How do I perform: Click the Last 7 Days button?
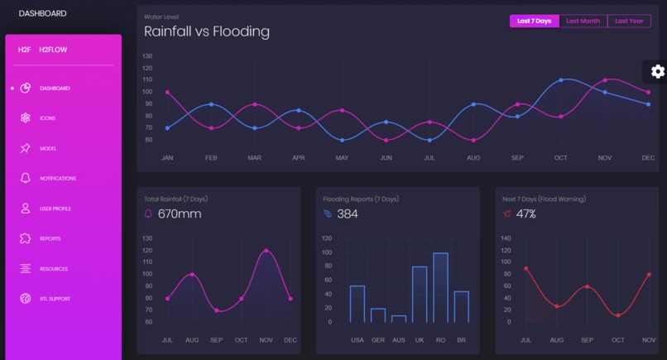tap(534, 21)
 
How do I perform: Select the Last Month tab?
tap(583, 21)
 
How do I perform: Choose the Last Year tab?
tap(629, 21)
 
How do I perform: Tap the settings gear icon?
tap(658, 72)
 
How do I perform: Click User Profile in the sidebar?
tap(56, 209)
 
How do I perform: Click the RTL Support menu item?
tap(55, 299)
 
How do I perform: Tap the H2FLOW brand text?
tap(53, 50)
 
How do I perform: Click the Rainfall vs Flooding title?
tap(207, 32)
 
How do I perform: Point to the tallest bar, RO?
tap(440, 286)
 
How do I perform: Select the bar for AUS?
tap(399, 318)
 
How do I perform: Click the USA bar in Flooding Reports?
tap(357, 303)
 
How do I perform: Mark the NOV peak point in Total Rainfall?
tap(266, 250)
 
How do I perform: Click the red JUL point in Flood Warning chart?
tap(525, 268)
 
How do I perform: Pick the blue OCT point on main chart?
tap(561, 80)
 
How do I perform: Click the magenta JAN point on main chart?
tap(167, 92)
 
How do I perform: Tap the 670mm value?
tap(180, 214)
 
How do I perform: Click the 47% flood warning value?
tap(526, 214)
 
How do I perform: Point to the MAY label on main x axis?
tap(342, 157)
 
